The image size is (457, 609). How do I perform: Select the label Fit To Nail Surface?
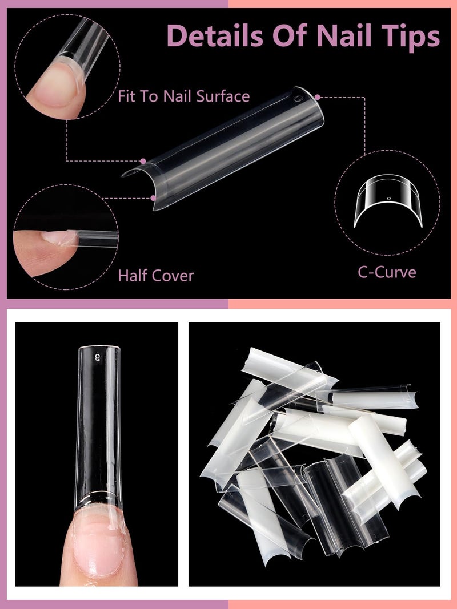[x=184, y=96]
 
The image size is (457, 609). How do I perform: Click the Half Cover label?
[x=155, y=276]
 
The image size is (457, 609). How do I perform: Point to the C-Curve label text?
[x=387, y=272]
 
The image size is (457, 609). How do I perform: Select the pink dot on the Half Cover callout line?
[x=153, y=199]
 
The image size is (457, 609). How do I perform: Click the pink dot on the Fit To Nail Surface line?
[x=143, y=161]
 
